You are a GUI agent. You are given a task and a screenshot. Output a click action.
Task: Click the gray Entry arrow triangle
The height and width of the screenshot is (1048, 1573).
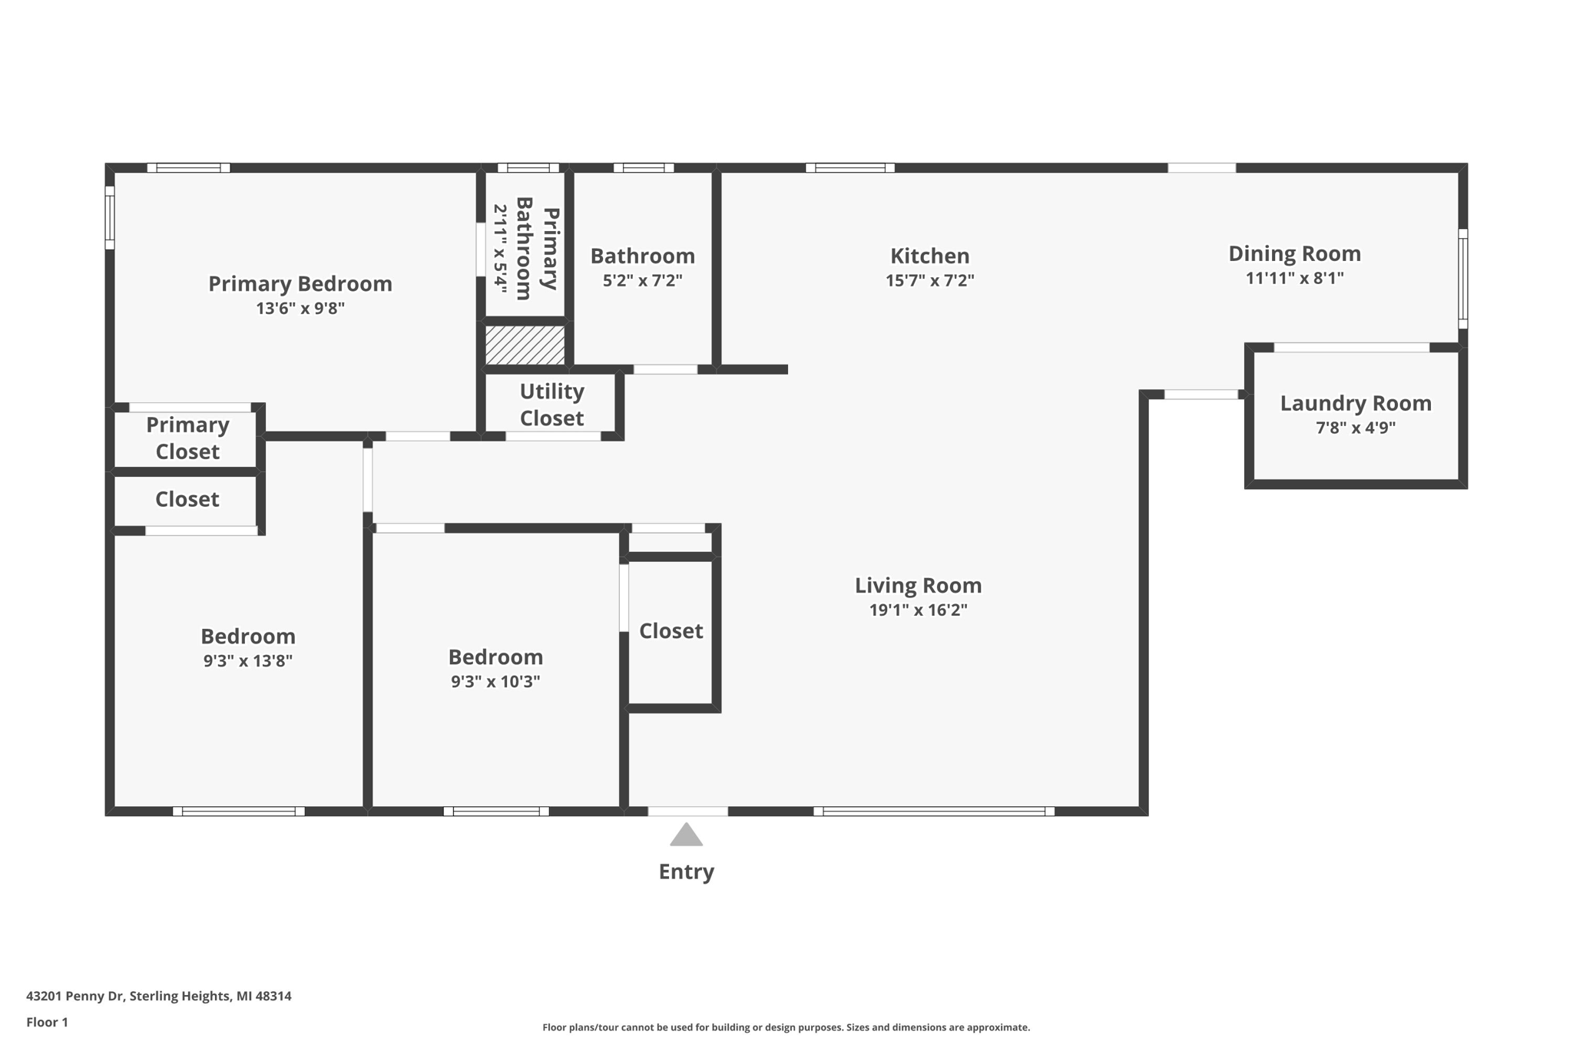coord(686,835)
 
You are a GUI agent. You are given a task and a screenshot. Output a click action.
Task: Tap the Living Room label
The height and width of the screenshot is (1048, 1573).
coord(918,586)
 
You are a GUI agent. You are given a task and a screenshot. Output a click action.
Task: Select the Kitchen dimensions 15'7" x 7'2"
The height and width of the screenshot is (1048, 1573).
coord(929,280)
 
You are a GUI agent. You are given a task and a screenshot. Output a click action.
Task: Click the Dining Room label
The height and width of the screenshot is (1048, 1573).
coord(1294,253)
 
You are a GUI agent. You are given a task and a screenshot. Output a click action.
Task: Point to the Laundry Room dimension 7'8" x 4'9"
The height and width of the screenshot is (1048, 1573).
coord(1356,428)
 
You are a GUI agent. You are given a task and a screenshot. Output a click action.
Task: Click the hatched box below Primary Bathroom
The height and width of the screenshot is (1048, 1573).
coord(525,345)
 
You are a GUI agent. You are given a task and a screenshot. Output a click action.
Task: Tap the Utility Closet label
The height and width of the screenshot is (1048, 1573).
coord(551,405)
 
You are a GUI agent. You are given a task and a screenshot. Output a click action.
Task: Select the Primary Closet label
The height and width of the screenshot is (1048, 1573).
coord(187,438)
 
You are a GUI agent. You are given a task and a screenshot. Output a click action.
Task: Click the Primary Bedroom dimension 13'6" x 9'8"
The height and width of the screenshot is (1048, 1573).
coord(300,309)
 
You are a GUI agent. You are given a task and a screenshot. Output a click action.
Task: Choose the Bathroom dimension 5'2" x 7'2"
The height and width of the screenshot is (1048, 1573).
coord(642,280)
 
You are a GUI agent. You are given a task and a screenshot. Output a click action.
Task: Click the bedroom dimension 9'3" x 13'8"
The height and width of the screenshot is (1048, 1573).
coord(247,661)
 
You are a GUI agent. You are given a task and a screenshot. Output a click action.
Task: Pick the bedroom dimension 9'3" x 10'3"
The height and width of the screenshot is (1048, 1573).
coord(495,682)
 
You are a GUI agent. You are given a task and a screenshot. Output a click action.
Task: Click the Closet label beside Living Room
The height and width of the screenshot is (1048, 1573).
coord(671,631)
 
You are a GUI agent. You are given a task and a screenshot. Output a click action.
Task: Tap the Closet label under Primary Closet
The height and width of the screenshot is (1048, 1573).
coord(187,500)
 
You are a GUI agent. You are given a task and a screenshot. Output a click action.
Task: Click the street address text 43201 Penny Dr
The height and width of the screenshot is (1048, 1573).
coord(75,996)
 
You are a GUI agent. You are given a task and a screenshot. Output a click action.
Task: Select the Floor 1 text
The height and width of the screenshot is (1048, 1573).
coord(47,1022)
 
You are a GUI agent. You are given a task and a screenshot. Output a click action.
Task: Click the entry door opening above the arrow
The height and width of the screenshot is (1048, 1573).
coord(687,812)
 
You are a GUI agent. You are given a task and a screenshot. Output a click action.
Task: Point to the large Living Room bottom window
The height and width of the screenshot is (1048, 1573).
coord(933,812)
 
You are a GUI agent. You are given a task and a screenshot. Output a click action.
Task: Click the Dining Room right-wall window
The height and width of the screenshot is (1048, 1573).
coord(1462,279)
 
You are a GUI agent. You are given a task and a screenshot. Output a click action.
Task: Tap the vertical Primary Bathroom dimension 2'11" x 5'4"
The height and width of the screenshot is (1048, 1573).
coord(500,248)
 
